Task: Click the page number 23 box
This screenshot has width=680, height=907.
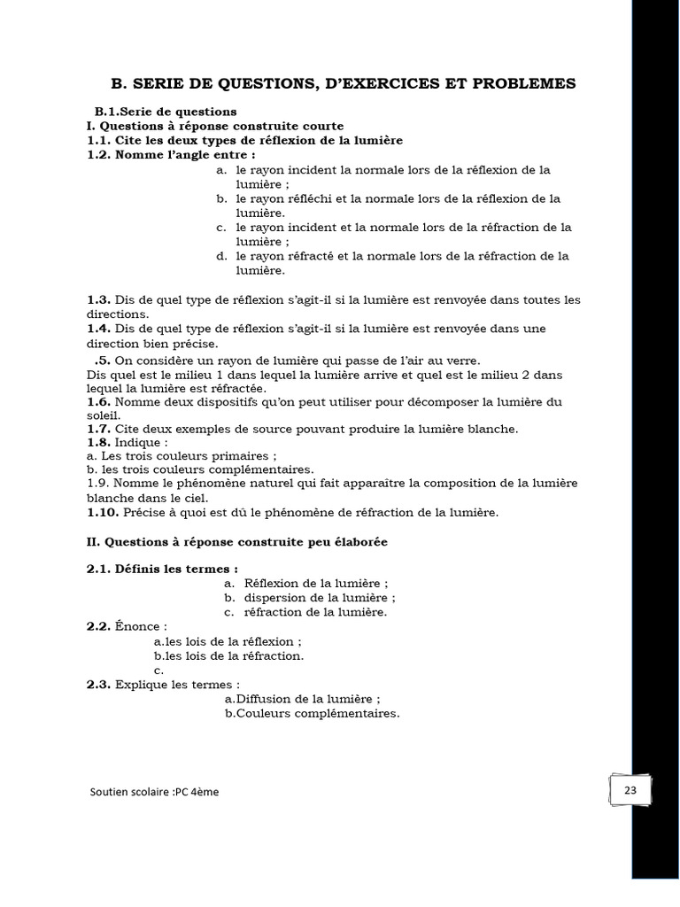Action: (630, 790)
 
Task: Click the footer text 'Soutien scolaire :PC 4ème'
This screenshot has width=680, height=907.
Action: (154, 792)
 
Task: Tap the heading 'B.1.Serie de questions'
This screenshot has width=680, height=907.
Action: (166, 112)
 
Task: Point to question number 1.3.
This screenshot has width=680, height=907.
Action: (98, 299)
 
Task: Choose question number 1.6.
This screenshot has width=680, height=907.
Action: (98, 401)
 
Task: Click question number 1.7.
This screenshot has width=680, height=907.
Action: (98, 429)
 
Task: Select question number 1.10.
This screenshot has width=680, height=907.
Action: (102, 512)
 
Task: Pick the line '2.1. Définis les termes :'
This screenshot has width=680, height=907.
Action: (162, 569)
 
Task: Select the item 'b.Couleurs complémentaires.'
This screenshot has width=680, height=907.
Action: (312, 713)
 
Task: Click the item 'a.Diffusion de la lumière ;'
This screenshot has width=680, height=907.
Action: (303, 699)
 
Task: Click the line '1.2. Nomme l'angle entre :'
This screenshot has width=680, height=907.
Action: (165, 154)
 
